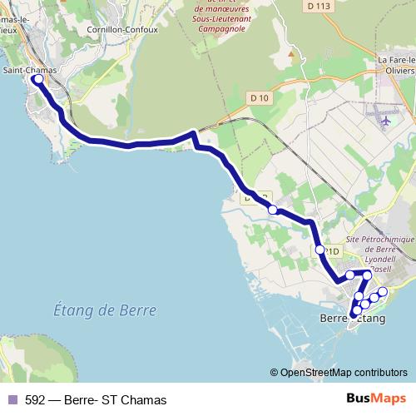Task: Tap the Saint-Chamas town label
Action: click(x=30, y=70)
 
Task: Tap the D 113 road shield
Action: click(x=319, y=6)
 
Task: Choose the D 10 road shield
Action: click(x=260, y=98)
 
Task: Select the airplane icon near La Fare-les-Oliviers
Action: click(x=385, y=121)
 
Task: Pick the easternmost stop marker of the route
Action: click(x=384, y=291)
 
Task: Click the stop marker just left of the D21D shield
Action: click(x=319, y=249)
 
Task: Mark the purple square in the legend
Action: click(x=12, y=399)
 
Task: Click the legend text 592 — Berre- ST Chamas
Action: click(x=96, y=399)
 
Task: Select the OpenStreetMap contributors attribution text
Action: click(x=342, y=373)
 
